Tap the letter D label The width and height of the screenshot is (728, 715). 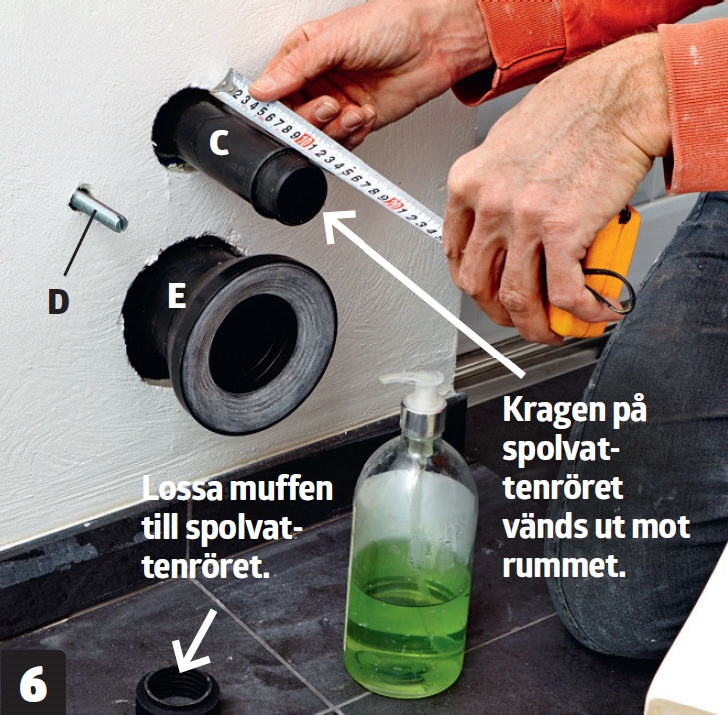pos(59,300)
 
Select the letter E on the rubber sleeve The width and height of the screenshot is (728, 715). pos(176,296)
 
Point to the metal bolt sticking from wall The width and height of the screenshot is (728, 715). pos(97,211)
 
